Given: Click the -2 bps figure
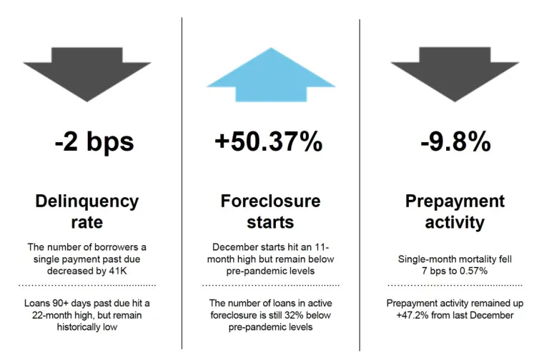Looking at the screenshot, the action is tap(94, 141).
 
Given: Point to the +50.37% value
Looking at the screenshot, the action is tap(269, 141).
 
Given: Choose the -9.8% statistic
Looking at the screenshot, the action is tap(455, 141).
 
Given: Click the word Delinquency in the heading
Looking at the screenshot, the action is tap(86, 202).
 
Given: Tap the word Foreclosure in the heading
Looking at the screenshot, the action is tap(270, 201).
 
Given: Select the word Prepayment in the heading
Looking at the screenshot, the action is tap(455, 202).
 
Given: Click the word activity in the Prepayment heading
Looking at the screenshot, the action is tap(455, 223).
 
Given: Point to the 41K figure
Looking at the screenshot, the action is tap(118, 271).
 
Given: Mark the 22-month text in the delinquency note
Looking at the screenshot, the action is tap(51, 315).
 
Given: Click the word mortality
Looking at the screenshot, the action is tap(478, 259).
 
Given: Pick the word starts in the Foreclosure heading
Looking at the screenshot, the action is tap(270, 223).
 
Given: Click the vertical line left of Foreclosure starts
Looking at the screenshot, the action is tap(182, 183).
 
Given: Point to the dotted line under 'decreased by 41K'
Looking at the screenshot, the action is tap(87, 286).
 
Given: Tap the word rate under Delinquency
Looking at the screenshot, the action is tap(86, 223).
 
